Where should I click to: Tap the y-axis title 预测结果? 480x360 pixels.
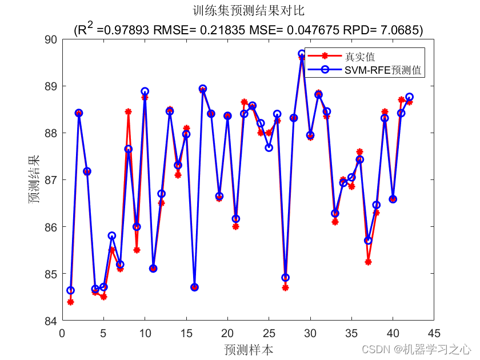pyautogui.click(x=35, y=179)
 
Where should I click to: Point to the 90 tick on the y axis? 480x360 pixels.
pyautogui.click(x=51, y=39)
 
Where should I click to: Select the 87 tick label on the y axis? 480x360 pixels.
pyautogui.click(x=51, y=180)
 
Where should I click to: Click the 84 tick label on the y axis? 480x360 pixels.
pyautogui.click(x=51, y=321)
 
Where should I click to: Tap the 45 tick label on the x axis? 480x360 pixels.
pyautogui.click(x=434, y=333)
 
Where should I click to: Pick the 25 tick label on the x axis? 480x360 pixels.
pyautogui.click(x=269, y=333)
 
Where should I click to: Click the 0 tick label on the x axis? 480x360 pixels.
pyautogui.click(x=62, y=333)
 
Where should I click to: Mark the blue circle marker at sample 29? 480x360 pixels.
pyautogui.click(x=302, y=54)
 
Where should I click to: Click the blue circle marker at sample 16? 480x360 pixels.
pyautogui.click(x=194, y=287)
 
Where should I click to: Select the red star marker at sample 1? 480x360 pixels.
pyautogui.click(x=70, y=302)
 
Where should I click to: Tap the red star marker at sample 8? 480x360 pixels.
pyautogui.click(x=128, y=111)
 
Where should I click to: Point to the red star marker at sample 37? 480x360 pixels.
pyautogui.click(x=368, y=262)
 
